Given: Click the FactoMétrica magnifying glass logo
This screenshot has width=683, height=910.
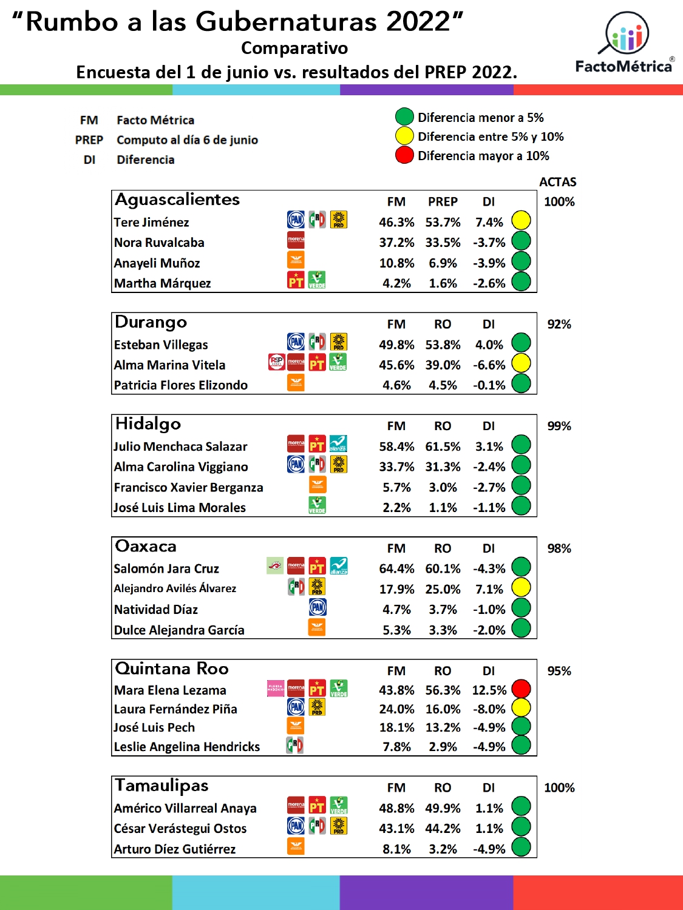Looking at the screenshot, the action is coord(625,33).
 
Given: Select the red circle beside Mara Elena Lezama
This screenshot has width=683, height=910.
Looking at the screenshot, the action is coord(522,689).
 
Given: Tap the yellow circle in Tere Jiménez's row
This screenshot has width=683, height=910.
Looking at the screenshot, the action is coord(522,220).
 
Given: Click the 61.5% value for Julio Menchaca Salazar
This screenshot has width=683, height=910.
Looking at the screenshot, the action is coord(443,447).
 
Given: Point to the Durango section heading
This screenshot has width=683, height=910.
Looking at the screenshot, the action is coord(151,322).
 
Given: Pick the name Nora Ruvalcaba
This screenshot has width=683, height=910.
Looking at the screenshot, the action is coord(159,243).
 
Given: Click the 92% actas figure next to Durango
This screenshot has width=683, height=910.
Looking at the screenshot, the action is coord(559,324).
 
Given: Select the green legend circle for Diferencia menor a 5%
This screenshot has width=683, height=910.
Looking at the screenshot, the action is coord(404,117).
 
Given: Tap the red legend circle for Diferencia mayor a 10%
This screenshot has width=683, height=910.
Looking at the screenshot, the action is coord(404,155).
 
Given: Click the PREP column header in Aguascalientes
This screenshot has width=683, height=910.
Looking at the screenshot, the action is coord(443,202).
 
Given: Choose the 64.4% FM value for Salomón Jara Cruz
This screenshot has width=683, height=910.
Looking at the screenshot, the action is coord(396,569).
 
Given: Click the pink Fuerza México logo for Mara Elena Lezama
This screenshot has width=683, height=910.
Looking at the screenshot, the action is coord(276,689).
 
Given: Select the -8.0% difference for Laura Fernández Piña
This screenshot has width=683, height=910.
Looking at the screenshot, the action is coord(489,709).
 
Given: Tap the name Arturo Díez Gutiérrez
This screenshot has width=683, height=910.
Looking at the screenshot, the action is coord(175,849).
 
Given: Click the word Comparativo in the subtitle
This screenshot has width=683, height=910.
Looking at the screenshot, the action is coord(294,48).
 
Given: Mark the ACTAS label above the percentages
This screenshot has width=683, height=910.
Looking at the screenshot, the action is coord(558,182).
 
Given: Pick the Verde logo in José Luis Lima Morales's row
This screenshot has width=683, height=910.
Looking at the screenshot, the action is coord(318,505).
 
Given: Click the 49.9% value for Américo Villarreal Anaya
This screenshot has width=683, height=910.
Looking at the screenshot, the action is coord(443,809).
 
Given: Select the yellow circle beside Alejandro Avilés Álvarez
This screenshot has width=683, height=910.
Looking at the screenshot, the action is coord(522,587).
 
